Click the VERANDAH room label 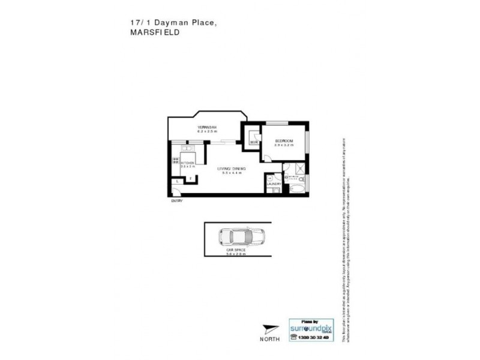tap(206, 128)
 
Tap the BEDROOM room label tap(283, 141)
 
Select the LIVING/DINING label tap(231, 169)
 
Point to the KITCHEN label tap(187, 162)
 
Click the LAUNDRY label tap(274, 184)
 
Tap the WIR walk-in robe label tap(254, 142)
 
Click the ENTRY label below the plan tap(176, 200)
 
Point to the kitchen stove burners tap(176, 161)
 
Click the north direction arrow tap(270, 328)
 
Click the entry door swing tap(175, 191)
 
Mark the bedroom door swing tap(268, 157)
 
